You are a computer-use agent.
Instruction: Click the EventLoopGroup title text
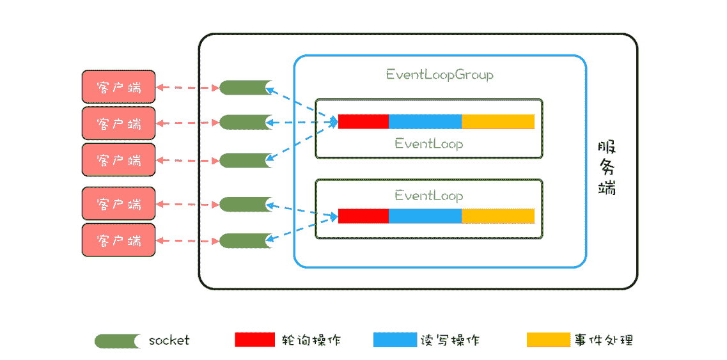pos(440,75)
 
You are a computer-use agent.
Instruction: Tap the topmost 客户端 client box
pos(118,87)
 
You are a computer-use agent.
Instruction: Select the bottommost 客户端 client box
pos(118,240)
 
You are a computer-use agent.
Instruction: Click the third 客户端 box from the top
pos(118,160)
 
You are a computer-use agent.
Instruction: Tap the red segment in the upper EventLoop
pos(363,121)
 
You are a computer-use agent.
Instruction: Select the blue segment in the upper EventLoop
pos(425,121)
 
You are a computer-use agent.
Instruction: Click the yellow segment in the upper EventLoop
pos(498,121)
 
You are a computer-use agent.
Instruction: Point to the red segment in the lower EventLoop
pos(363,216)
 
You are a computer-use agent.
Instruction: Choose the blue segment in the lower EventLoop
pos(425,216)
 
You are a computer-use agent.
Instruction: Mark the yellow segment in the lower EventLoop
pos(498,216)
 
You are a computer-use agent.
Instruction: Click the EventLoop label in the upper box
pos(428,144)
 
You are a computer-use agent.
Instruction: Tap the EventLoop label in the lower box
pos(428,195)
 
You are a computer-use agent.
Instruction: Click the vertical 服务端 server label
pos(607,168)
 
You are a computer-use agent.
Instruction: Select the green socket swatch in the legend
pos(118,341)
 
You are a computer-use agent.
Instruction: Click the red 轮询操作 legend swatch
pos(254,340)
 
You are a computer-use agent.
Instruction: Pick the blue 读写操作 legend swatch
pos(395,340)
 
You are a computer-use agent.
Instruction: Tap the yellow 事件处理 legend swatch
pos(548,340)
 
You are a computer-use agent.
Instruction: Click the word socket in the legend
pos(169,340)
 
